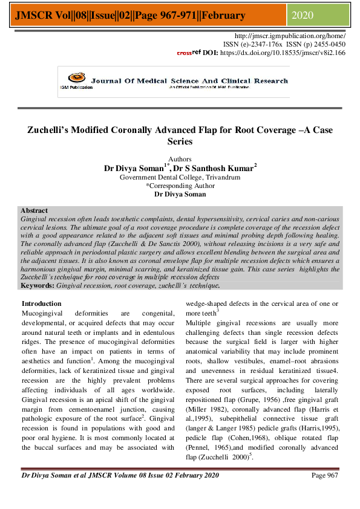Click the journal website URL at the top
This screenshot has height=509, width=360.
point(294,36)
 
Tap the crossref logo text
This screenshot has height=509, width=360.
point(188,53)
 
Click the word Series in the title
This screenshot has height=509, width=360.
point(180,141)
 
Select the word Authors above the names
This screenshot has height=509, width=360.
point(180,159)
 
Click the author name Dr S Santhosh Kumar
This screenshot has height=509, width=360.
point(217,168)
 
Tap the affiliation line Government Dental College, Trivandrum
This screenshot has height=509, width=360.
point(180,178)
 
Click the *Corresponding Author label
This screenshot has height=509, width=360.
point(180,186)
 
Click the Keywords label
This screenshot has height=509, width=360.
point(38,284)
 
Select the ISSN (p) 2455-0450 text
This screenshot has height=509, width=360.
point(314,44)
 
